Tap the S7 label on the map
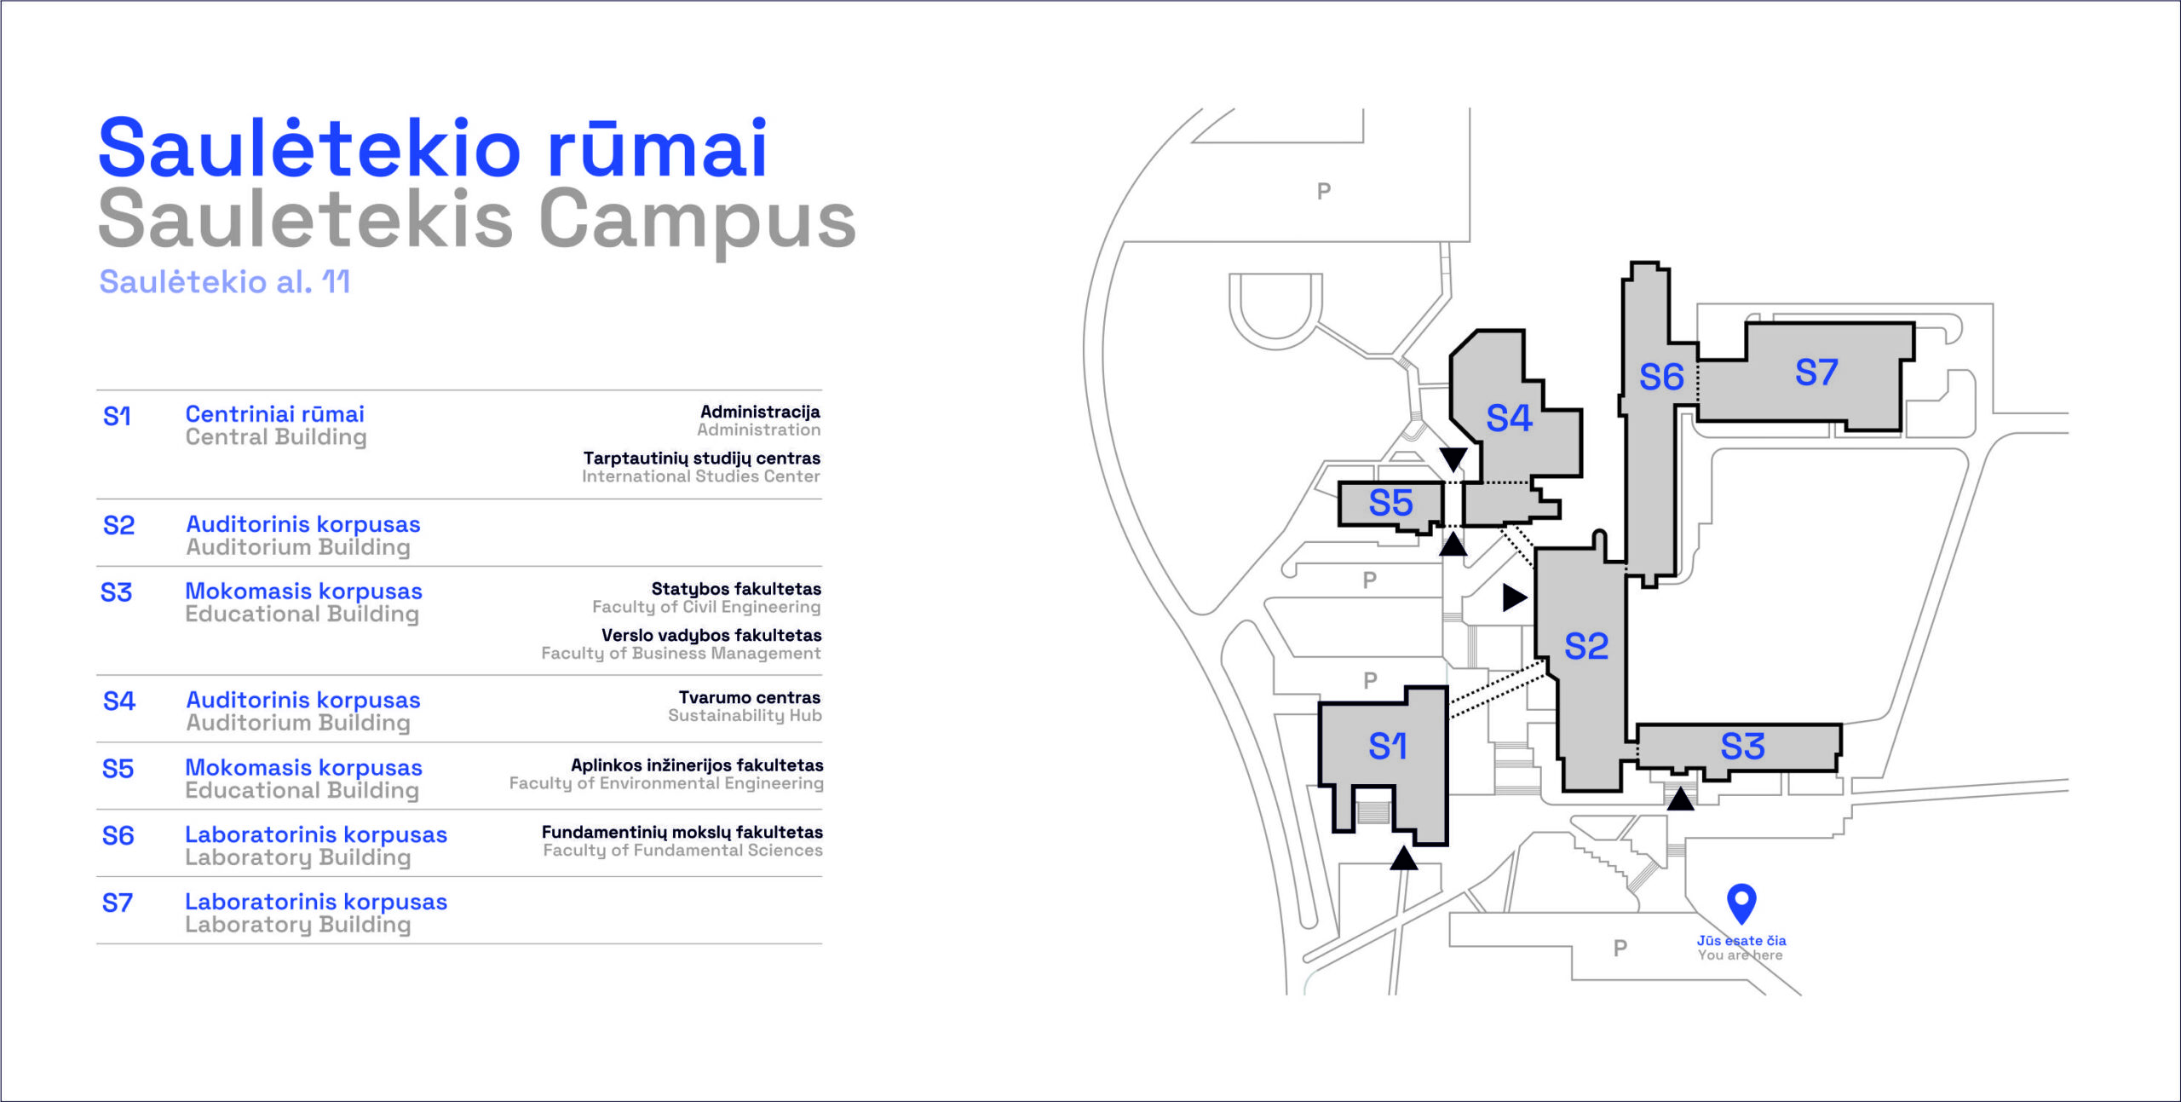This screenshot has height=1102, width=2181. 1816,372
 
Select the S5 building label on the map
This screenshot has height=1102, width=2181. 1390,503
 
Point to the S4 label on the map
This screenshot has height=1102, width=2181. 1509,418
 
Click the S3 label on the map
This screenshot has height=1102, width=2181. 1742,747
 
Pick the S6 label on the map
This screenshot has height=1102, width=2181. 1661,377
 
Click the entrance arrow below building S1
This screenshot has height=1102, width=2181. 1404,858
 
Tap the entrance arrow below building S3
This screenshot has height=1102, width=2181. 1680,799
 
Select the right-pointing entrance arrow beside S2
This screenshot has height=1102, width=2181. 1515,597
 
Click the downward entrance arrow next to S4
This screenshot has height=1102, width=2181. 1453,459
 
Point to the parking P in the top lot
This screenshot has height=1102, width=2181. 1323,191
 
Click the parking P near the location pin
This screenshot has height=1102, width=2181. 1620,948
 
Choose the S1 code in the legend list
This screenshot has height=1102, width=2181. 117,417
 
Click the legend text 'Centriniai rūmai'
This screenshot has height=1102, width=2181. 274,414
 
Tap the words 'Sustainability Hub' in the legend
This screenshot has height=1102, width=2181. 745,716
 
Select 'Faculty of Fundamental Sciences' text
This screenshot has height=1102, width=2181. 682,850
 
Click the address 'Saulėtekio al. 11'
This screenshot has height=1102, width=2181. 225,281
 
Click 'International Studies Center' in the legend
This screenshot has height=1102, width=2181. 701,476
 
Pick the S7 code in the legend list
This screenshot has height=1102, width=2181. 118,903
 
